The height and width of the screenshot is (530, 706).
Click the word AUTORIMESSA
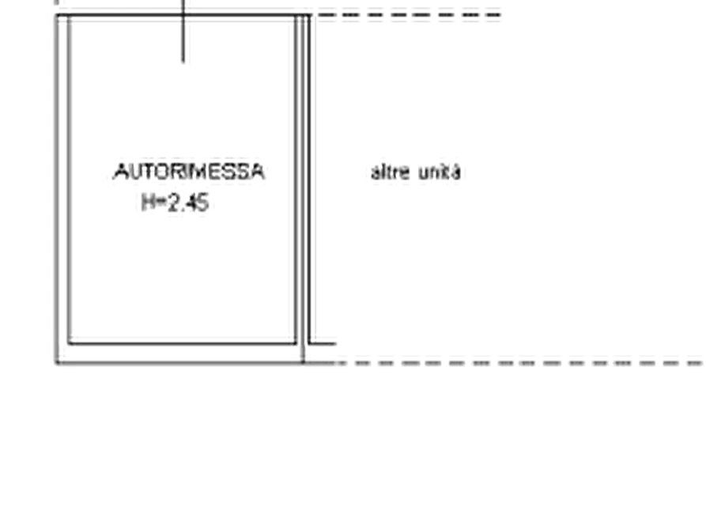189,172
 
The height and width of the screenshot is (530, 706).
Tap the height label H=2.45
176,203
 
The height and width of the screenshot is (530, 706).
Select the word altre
391,172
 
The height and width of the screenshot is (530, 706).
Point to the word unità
440,172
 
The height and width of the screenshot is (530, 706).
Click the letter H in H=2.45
148,203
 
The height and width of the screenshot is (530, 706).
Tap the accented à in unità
455,172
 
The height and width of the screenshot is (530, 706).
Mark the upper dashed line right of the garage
406,15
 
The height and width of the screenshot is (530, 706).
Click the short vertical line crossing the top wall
183,31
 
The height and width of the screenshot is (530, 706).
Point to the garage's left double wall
62,189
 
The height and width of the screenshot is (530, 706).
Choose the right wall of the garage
303,189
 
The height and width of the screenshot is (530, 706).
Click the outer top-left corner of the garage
56,15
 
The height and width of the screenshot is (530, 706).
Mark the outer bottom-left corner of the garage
56,363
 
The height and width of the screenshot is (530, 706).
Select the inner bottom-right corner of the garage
296,344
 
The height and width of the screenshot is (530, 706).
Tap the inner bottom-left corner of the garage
69,344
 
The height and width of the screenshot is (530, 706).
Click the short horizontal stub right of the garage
323,344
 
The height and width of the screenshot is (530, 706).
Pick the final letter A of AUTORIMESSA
258,172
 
